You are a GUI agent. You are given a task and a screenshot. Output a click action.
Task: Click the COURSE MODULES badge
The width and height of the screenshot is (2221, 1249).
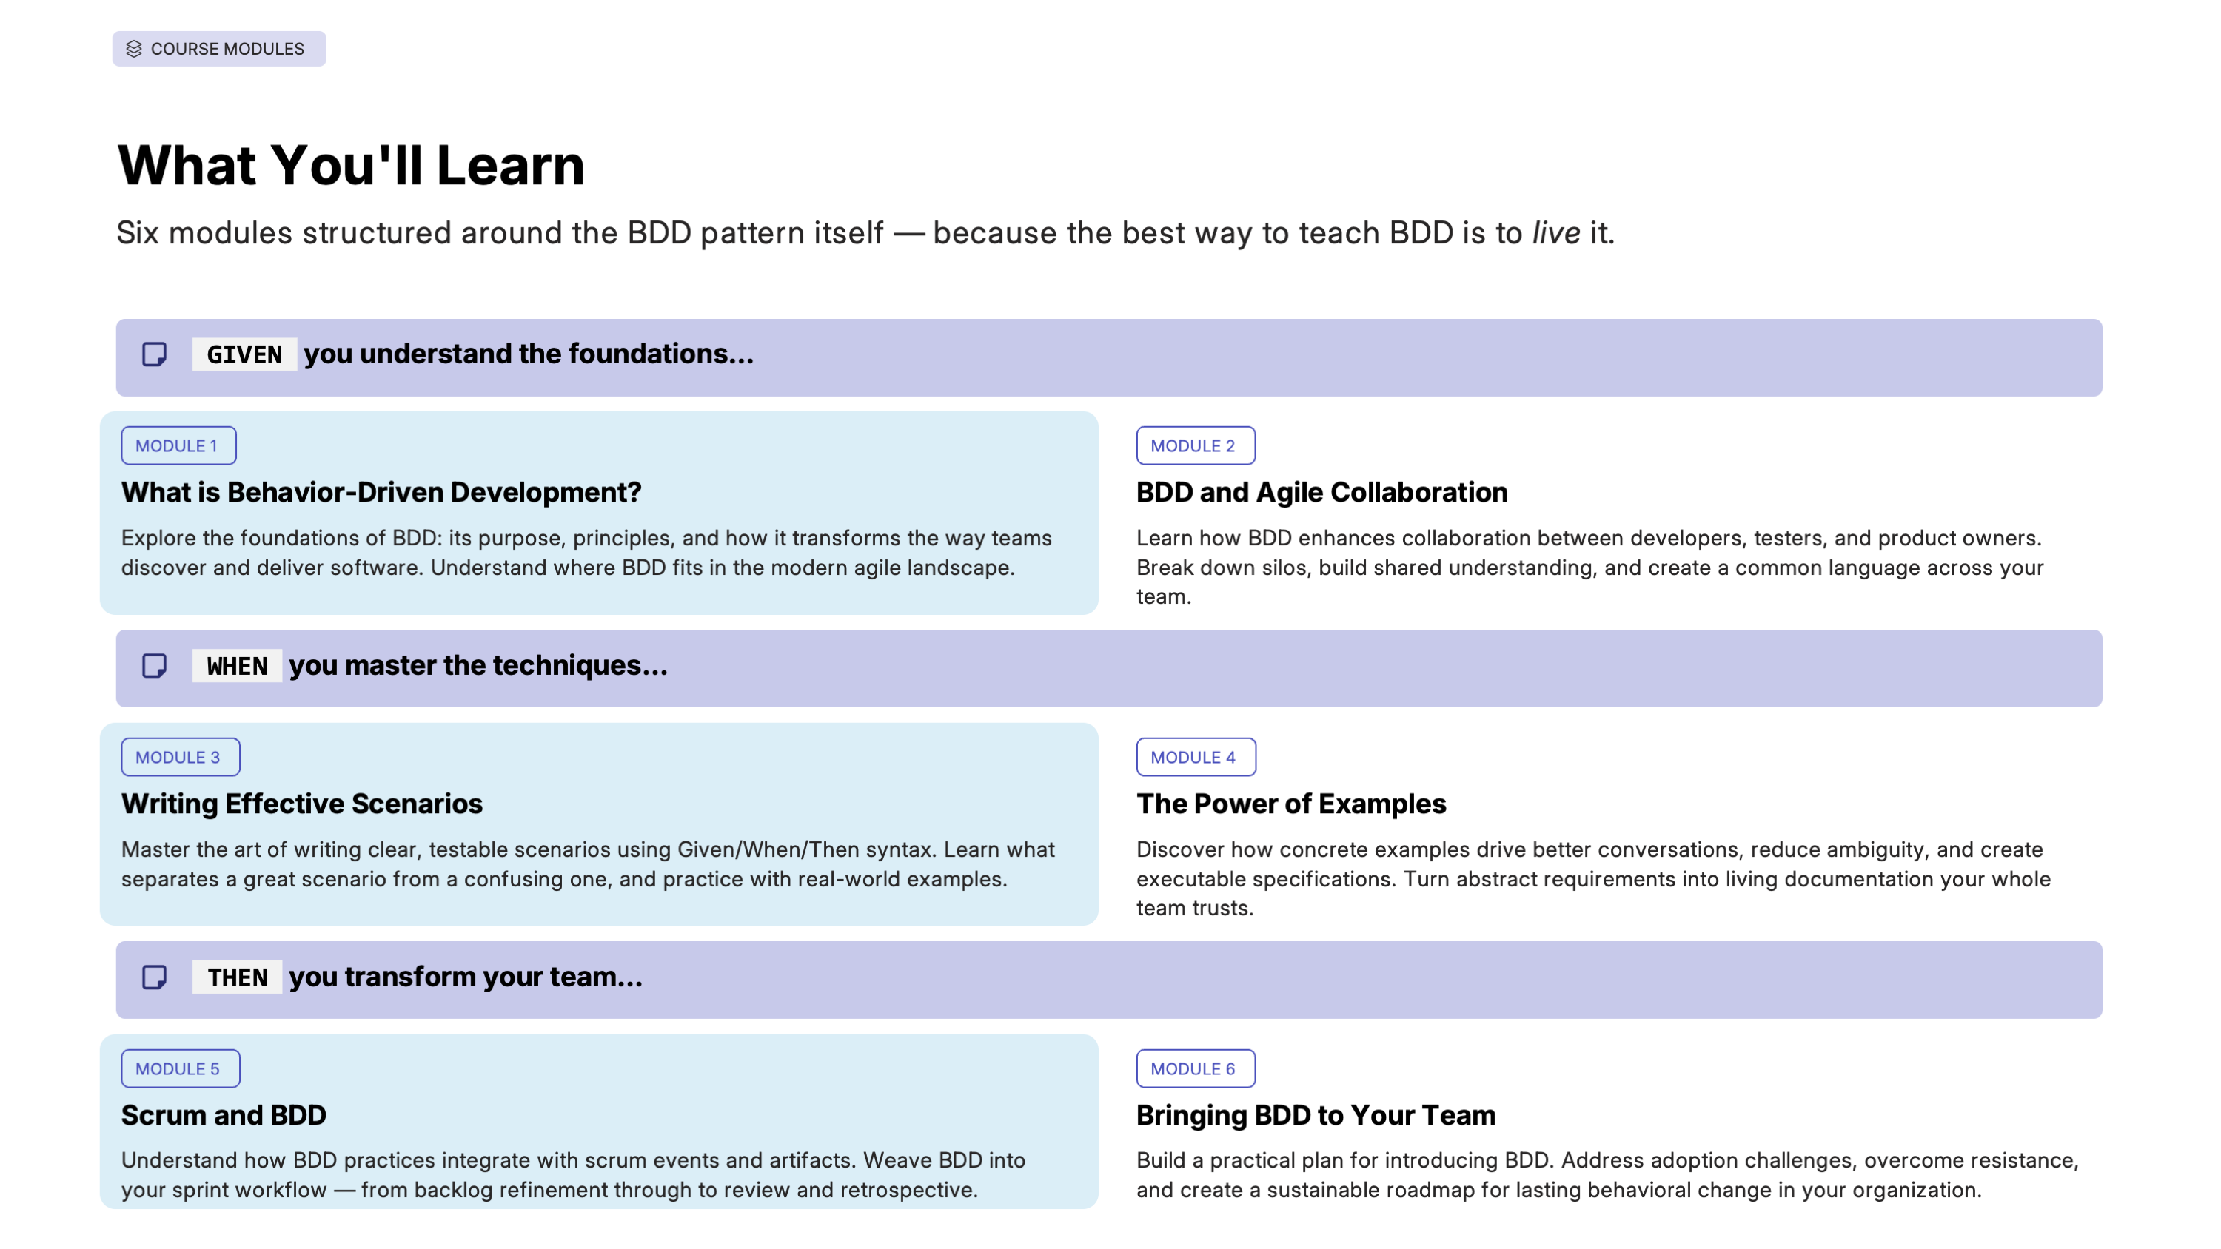pyautogui.click(x=219, y=49)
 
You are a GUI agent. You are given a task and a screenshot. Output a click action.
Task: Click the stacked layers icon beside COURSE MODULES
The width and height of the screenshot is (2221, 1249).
pyautogui.click(x=134, y=49)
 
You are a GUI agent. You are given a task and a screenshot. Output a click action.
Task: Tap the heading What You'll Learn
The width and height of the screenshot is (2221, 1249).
pyautogui.click(x=351, y=165)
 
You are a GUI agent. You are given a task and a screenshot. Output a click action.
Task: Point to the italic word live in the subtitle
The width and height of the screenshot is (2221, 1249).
pyautogui.click(x=1555, y=233)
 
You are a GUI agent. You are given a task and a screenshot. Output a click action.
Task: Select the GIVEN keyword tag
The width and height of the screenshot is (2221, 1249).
pyautogui.click(x=245, y=354)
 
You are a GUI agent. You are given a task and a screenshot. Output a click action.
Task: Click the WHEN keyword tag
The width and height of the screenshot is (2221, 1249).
pyautogui.click(x=237, y=666)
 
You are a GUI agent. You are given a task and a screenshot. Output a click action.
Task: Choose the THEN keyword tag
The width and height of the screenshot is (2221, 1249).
pyautogui.click(x=237, y=977)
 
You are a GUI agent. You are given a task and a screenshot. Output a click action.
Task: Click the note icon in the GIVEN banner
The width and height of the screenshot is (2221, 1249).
pyautogui.click(x=154, y=354)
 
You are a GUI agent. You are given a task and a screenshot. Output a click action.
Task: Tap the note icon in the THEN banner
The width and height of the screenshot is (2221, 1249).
pyautogui.click(x=154, y=977)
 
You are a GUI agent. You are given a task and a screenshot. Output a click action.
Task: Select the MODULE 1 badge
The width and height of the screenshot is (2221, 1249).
pyautogui.click(x=178, y=445)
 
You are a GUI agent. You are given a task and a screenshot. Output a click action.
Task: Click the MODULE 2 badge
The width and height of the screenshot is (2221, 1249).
pyautogui.click(x=1195, y=445)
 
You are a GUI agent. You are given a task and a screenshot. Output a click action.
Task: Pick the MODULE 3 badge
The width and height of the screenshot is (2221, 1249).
pyautogui.click(x=180, y=758)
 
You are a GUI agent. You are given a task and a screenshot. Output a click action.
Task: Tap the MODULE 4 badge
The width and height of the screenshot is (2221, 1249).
pyautogui.click(x=1196, y=758)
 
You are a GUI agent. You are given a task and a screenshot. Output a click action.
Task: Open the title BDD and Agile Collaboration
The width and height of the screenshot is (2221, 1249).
pyautogui.click(x=1321, y=492)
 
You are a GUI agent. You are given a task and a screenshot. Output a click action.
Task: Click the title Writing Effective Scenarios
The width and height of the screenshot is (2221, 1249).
pyautogui.click(x=302, y=804)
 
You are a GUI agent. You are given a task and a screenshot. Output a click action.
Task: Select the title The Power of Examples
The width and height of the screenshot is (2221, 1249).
pyautogui.click(x=1290, y=804)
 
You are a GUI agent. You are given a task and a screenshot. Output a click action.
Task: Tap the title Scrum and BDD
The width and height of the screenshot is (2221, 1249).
pyautogui.click(x=224, y=1115)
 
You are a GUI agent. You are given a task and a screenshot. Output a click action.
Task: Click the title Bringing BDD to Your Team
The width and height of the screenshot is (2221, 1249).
pyautogui.click(x=1316, y=1115)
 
